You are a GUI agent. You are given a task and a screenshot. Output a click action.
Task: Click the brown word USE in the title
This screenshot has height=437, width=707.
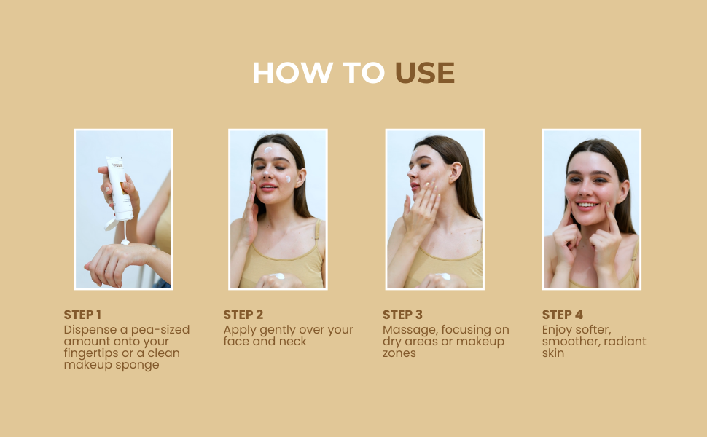pyautogui.click(x=425, y=73)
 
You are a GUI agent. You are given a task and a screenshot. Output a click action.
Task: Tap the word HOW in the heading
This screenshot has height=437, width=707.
pyautogui.click(x=292, y=73)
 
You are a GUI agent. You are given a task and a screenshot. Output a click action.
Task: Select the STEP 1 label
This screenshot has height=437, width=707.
pyautogui.click(x=82, y=315)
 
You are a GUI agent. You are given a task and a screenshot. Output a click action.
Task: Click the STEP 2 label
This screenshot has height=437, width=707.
pyautogui.click(x=243, y=315)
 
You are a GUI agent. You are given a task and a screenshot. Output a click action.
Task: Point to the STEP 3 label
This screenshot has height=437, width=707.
pyautogui.click(x=402, y=315)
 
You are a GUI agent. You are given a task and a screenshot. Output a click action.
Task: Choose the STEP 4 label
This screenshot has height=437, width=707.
pyautogui.click(x=562, y=315)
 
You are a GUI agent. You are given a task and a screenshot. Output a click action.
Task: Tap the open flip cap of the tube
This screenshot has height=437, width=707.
pyautogui.click(x=111, y=224)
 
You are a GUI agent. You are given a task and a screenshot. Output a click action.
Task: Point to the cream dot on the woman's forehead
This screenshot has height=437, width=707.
pyautogui.click(x=267, y=150)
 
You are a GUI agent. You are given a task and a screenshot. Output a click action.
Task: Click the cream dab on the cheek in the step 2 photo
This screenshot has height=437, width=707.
pyautogui.click(x=288, y=179)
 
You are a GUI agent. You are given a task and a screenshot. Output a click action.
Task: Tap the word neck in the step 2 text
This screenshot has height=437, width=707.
pyautogui.click(x=292, y=341)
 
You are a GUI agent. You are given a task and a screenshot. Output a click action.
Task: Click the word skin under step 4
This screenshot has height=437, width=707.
pyautogui.click(x=552, y=353)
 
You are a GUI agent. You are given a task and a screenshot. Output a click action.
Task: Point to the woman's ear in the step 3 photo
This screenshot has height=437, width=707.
pyautogui.click(x=456, y=172)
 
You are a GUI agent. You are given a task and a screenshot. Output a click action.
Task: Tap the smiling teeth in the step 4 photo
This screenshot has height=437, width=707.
pyautogui.click(x=587, y=205)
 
